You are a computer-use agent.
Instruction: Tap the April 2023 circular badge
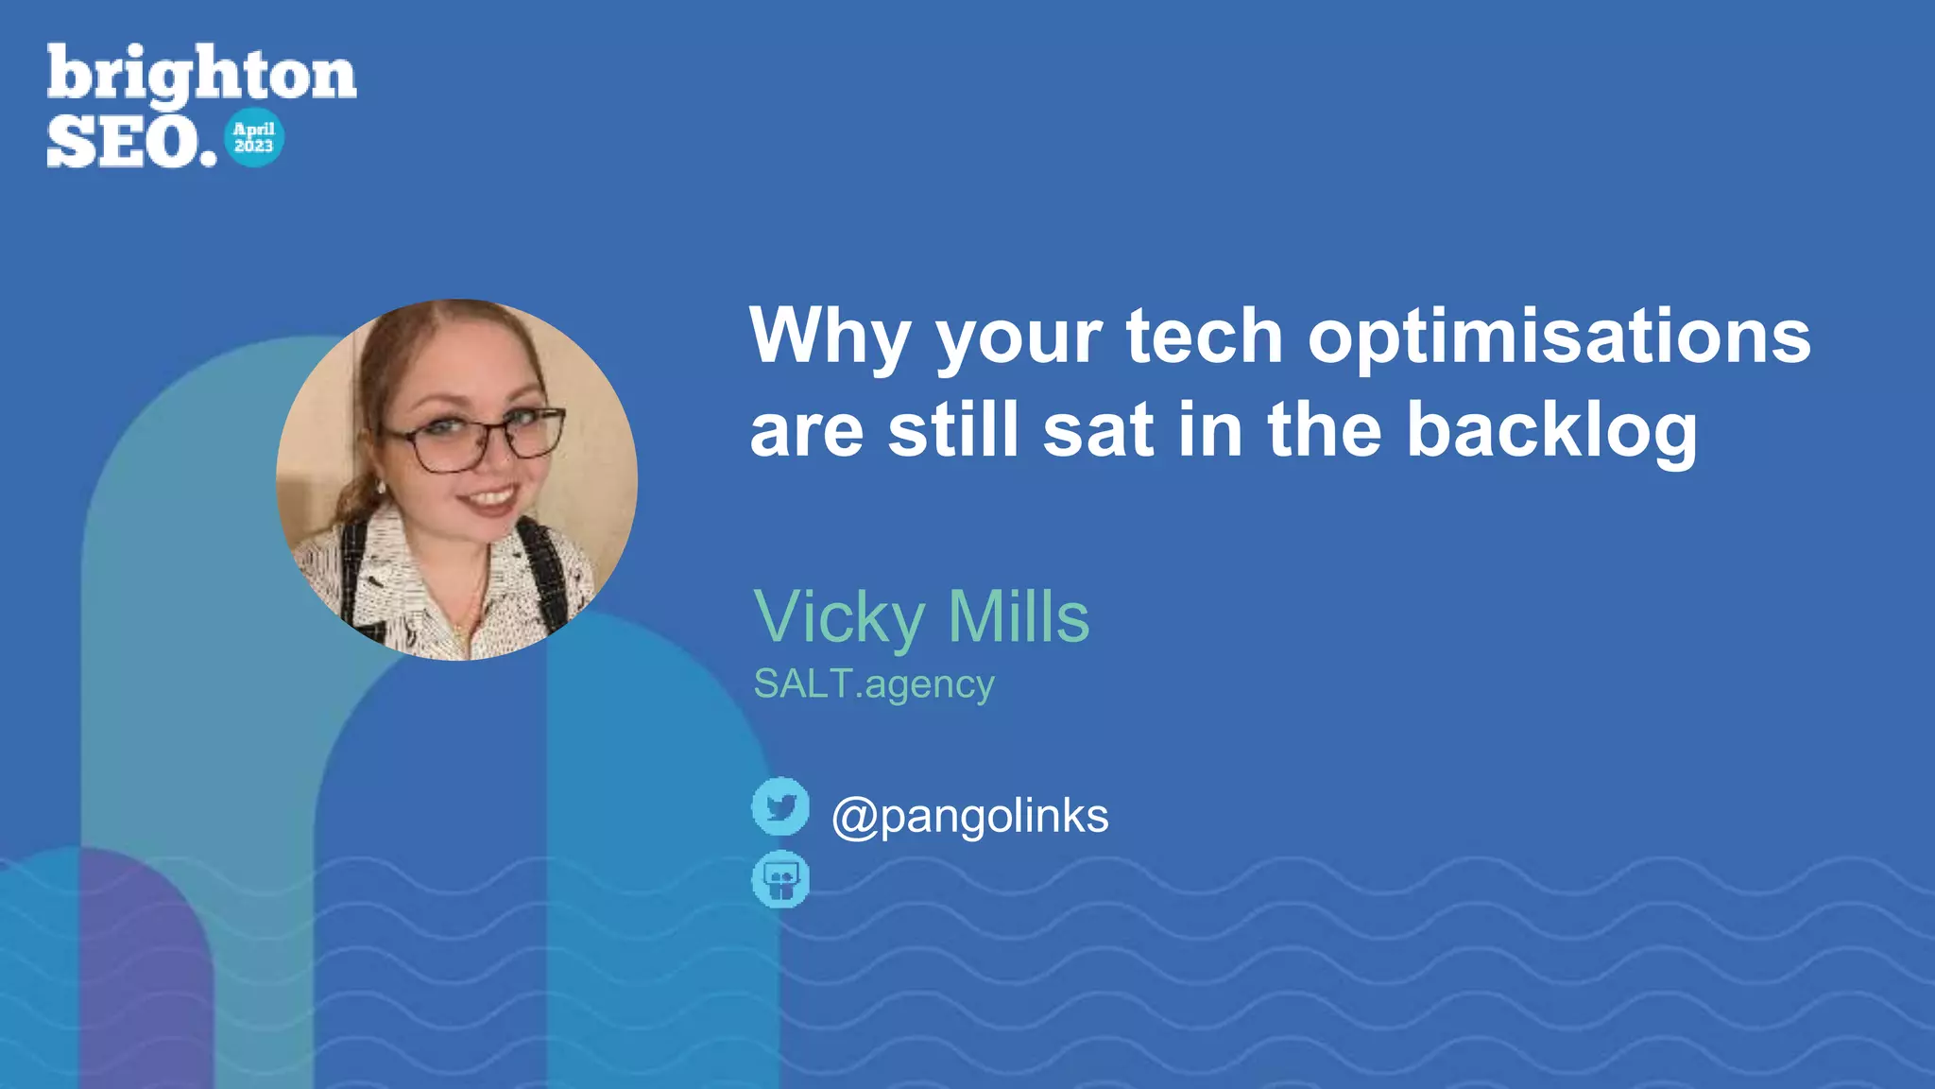[254, 138]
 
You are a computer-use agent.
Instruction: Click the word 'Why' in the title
[830, 337]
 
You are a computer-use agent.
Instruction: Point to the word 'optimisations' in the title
[1559, 337]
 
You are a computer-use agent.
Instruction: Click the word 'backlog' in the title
[1551, 431]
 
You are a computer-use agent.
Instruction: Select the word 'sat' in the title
[1098, 431]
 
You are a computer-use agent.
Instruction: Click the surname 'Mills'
[1019, 616]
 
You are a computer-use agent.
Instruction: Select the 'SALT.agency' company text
[873, 684]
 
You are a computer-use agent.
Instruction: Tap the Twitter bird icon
[780, 806]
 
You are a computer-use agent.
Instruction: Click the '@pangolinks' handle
[969, 816]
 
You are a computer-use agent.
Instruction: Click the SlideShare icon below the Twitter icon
[780, 880]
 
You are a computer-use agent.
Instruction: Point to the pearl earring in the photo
[382, 488]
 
